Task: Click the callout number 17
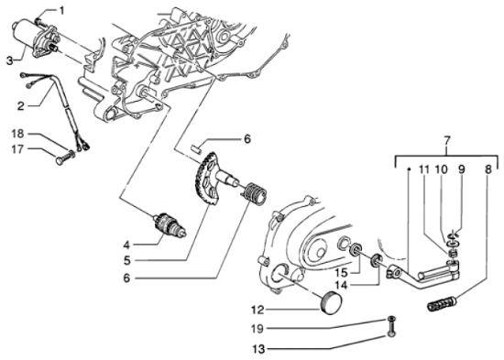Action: (17, 148)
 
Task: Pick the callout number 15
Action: (340, 272)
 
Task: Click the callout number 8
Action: (488, 170)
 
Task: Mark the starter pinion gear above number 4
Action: (166, 223)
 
